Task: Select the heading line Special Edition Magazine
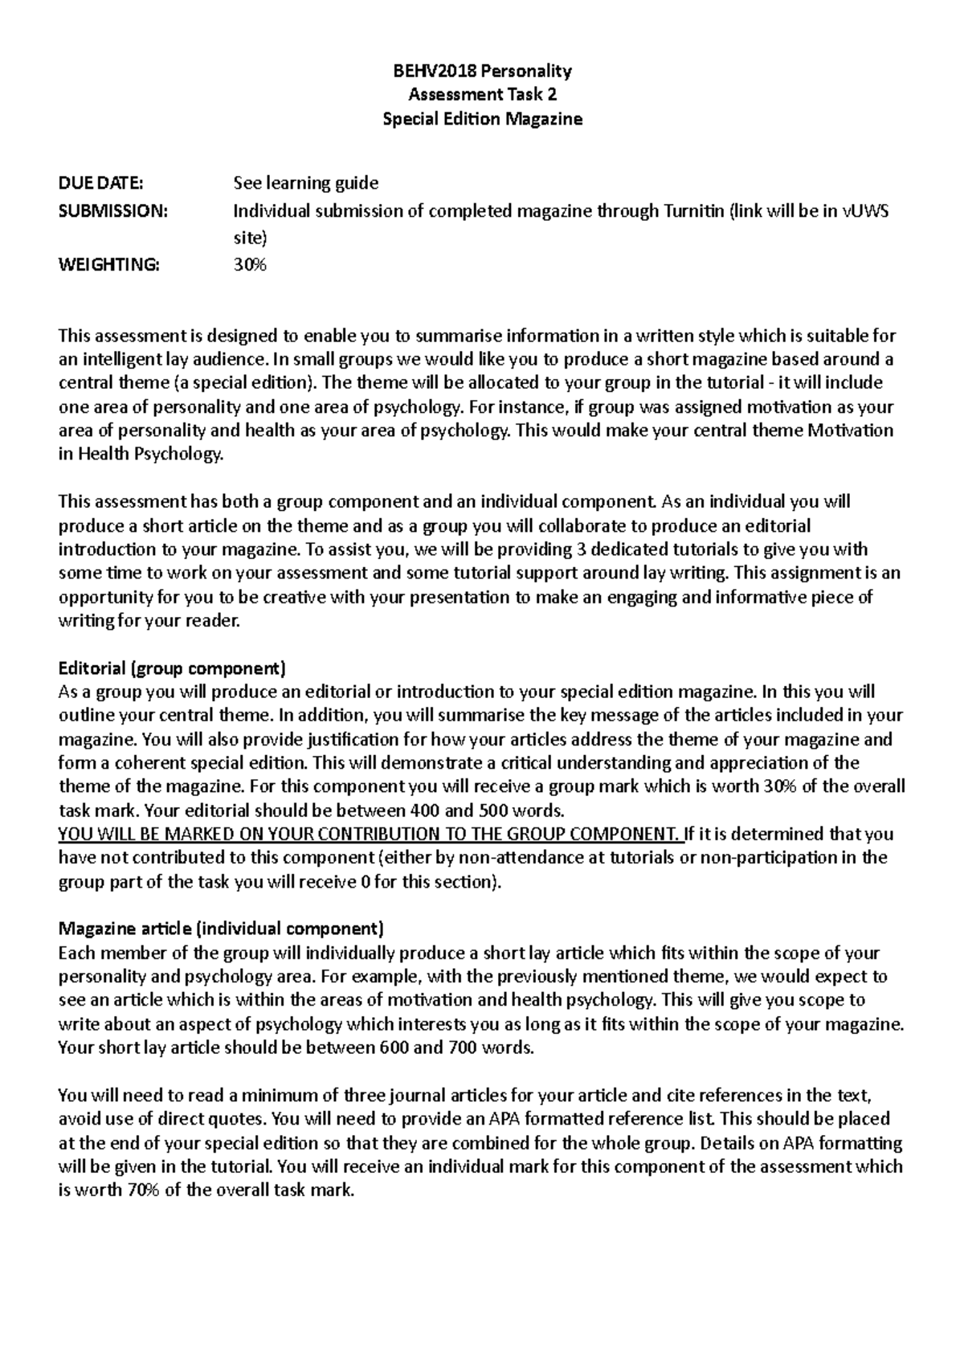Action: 482,119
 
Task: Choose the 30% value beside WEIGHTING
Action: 249,265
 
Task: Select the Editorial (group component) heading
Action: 172,668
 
